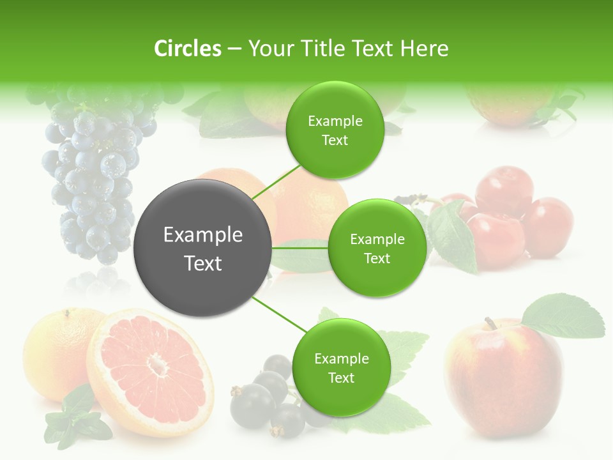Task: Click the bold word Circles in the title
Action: coord(187,49)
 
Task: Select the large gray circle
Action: coord(202,248)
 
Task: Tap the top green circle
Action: coord(335,130)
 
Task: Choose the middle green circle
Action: coord(377,248)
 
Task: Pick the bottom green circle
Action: coord(340,367)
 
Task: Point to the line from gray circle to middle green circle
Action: coord(300,248)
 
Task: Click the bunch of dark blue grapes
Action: coord(96,172)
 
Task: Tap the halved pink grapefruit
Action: coord(151,371)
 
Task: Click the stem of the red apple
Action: coord(490,323)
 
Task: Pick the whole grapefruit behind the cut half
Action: coord(54,348)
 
